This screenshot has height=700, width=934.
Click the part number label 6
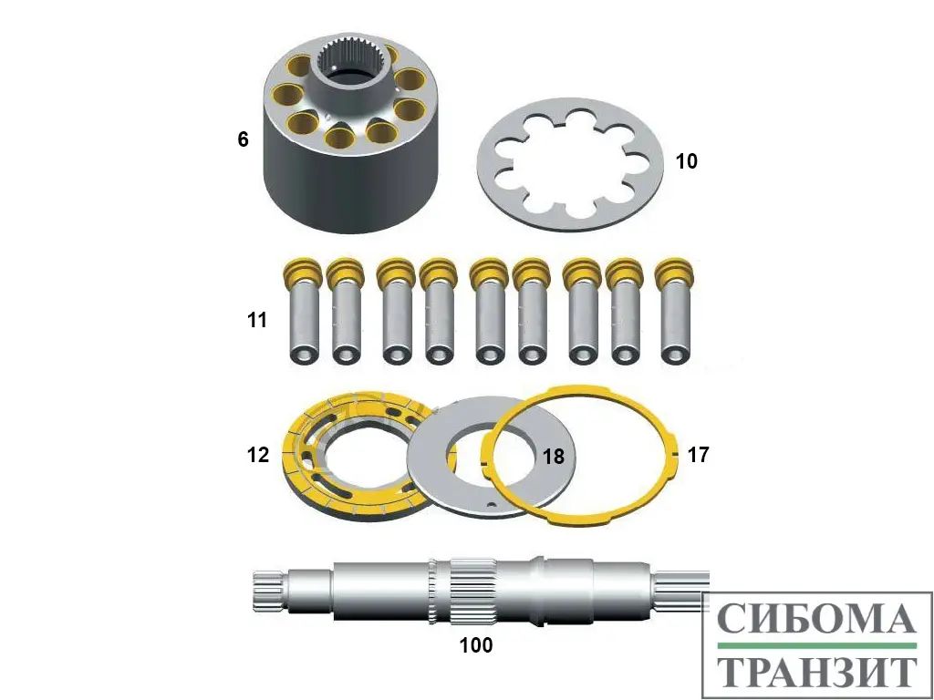click(243, 139)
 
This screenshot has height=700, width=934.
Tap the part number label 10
click(686, 160)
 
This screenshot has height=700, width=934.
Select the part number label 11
click(257, 320)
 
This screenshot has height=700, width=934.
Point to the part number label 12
click(258, 455)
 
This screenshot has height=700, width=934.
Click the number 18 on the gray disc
click(554, 457)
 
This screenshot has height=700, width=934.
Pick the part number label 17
click(698, 455)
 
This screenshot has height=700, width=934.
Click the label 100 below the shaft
click(476, 644)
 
